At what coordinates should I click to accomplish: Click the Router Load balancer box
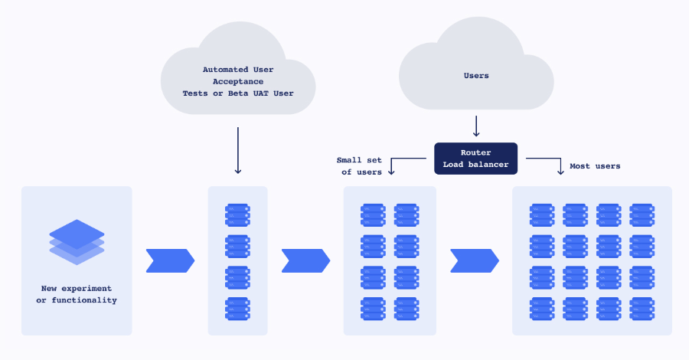(475, 159)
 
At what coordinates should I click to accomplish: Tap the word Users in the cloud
(475, 76)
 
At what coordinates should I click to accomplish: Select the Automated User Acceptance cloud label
(237, 81)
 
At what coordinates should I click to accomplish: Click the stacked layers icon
(77, 242)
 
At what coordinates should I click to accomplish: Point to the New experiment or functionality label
(77, 294)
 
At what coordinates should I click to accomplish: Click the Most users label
(595, 166)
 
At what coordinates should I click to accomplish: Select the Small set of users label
(359, 166)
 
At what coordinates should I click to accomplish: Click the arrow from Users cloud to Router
(476, 126)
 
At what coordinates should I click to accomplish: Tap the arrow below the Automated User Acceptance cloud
(238, 150)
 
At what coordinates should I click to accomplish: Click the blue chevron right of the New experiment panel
(170, 260)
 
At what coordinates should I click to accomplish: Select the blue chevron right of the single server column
(305, 260)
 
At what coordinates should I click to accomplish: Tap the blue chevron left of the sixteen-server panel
(474, 260)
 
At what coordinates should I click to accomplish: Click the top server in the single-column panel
(237, 214)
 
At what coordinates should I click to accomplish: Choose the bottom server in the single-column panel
(237, 309)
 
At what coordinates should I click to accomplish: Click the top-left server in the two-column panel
(374, 214)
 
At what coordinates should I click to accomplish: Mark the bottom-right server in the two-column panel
(406, 309)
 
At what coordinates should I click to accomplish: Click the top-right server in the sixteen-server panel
(642, 214)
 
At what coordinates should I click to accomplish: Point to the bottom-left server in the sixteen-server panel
(542, 309)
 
